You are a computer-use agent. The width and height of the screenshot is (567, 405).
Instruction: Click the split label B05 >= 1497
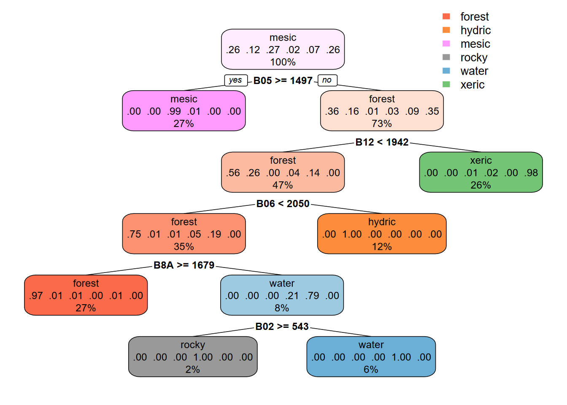[283, 81]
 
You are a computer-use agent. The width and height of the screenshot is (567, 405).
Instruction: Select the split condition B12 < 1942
[382, 142]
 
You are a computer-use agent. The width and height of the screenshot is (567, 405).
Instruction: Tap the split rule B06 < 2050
[283, 204]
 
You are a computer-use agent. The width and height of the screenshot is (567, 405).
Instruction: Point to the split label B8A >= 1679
[184, 265]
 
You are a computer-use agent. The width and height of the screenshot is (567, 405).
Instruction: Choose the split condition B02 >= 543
[282, 327]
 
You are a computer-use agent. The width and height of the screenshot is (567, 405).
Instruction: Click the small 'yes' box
[235, 80]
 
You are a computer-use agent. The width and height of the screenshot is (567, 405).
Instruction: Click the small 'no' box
[327, 80]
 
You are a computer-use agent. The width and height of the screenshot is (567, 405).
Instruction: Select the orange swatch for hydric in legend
[446, 30]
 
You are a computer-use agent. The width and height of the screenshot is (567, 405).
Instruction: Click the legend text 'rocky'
[474, 57]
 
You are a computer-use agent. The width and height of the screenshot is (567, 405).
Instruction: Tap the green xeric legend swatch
[446, 84]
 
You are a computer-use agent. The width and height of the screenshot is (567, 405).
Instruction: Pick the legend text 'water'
[474, 71]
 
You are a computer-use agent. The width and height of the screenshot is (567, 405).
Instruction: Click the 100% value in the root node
[283, 62]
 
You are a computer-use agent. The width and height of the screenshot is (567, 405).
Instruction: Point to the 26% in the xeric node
[481, 185]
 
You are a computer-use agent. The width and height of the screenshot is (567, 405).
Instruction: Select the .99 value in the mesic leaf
[174, 111]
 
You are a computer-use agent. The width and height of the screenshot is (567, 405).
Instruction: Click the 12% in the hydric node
[382, 247]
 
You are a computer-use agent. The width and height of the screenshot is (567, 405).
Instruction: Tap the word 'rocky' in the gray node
[193, 345]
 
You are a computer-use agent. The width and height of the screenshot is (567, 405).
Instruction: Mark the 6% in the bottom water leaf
[371, 370]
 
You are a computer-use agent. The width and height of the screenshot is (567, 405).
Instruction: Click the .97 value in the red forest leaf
[36, 296]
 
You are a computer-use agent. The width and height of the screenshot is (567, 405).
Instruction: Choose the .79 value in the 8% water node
[312, 296]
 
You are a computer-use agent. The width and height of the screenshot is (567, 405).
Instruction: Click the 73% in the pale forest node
[382, 124]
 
